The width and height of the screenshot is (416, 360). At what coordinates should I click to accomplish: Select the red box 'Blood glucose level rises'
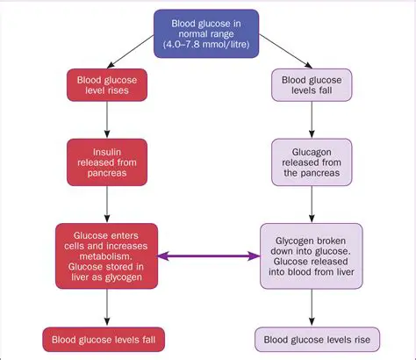[106, 86]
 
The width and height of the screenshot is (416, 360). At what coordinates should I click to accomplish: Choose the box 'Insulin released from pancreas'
[106, 162]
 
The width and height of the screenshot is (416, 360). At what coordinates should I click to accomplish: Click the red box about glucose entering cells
[106, 256]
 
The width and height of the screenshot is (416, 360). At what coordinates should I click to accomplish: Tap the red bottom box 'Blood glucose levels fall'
[106, 338]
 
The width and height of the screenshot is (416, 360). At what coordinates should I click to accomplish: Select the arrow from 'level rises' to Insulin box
[106, 120]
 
